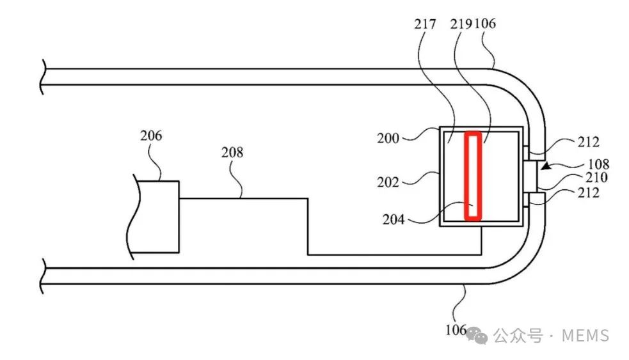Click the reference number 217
tap(425, 24)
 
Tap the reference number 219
tap(461, 24)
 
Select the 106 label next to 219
tap(485, 24)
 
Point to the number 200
tap(388, 137)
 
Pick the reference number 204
tap(394, 219)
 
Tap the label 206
tap(151, 136)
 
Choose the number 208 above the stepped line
tap(233, 152)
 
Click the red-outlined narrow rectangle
tap(472, 176)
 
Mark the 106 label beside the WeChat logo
tap(455, 331)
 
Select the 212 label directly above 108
tap(588, 142)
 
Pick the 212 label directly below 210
tap(588, 192)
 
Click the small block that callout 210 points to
tap(530, 176)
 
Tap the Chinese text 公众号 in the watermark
tap(518, 335)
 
